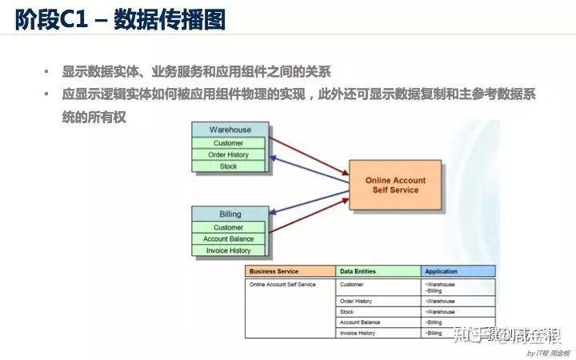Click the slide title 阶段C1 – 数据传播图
(x=120, y=19)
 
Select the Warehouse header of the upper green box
(x=230, y=130)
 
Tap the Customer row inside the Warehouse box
(x=229, y=143)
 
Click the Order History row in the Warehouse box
(x=229, y=155)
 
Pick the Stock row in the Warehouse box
(x=229, y=166)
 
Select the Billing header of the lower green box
(x=230, y=214)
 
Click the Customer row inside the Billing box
(x=229, y=227)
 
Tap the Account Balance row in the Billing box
(x=229, y=239)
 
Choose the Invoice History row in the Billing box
(x=229, y=250)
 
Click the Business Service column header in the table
(x=290, y=272)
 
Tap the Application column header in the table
(x=458, y=272)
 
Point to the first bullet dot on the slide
(x=46, y=71)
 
